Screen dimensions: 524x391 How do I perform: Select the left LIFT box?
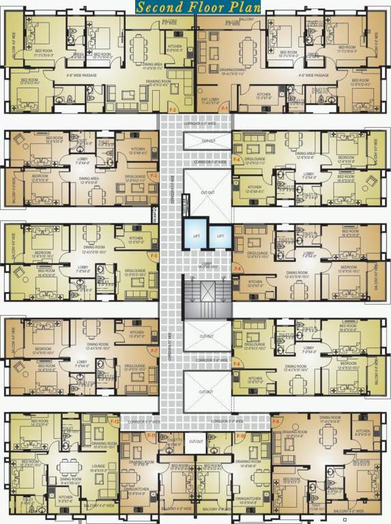[196, 235]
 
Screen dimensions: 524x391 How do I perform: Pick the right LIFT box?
[220, 235]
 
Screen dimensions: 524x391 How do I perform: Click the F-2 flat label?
[173, 110]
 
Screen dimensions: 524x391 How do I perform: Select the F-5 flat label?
[154, 256]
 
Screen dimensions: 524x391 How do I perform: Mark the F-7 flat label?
[154, 351]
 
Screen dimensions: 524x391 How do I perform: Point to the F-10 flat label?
[240, 435]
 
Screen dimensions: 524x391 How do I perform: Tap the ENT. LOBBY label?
[214, 100]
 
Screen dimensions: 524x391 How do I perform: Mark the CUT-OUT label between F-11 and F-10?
[196, 441]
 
